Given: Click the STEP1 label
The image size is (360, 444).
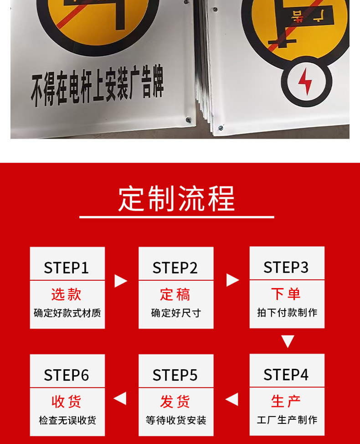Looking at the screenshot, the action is click(x=66, y=268).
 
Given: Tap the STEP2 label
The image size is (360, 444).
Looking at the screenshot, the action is click(x=175, y=268).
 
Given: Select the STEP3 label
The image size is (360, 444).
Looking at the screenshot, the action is click(x=286, y=267).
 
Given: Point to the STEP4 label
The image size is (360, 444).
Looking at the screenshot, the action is click(x=286, y=375).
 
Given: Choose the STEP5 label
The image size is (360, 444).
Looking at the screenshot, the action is click(x=175, y=375).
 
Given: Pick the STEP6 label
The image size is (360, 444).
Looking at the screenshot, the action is click(x=66, y=375).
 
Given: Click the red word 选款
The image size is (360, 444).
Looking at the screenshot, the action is click(x=66, y=294).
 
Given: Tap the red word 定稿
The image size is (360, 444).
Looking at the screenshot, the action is click(x=175, y=294).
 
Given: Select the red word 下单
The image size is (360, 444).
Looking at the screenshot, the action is click(x=286, y=294).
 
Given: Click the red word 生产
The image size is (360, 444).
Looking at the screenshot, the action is click(x=286, y=401).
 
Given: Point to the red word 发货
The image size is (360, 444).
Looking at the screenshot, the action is click(x=175, y=402).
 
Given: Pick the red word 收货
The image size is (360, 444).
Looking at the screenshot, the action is click(x=66, y=402).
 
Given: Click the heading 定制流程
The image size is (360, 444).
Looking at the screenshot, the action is click(x=177, y=199).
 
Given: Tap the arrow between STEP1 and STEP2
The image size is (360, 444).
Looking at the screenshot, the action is click(x=121, y=281).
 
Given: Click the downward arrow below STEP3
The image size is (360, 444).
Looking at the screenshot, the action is click(x=288, y=341).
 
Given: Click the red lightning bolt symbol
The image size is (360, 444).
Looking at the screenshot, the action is click(x=305, y=82).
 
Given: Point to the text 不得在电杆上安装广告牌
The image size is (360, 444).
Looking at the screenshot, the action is click(x=97, y=85).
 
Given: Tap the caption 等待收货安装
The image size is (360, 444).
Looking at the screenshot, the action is click(x=176, y=420).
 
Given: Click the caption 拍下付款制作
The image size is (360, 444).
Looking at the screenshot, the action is click(x=287, y=313).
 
